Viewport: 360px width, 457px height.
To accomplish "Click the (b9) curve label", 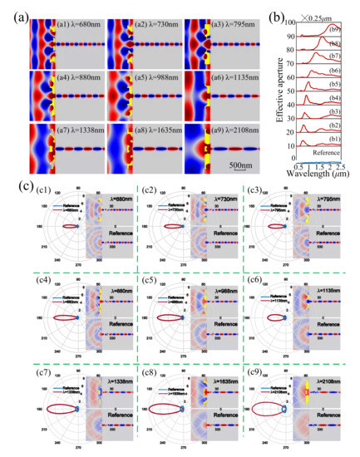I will pyautogui.click(x=333, y=30).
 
